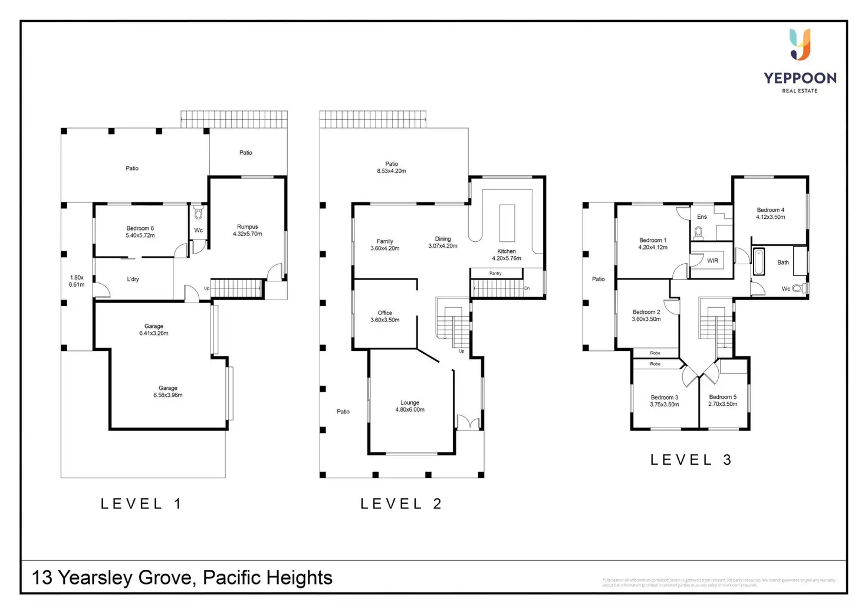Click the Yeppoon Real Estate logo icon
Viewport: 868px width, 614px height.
click(800, 45)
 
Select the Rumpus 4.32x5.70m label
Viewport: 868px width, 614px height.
click(247, 230)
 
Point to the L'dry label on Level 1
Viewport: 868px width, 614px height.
click(133, 279)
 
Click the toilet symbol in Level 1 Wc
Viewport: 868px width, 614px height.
click(199, 212)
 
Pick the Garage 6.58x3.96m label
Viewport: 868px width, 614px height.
click(168, 392)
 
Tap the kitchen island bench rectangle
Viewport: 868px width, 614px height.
click(507, 223)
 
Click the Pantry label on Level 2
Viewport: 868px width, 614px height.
click(495, 273)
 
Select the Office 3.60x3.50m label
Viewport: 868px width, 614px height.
click(384, 317)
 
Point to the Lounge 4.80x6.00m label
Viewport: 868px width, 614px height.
click(410, 406)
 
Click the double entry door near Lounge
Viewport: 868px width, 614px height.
click(468, 422)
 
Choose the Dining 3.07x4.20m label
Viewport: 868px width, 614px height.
click(443, 242)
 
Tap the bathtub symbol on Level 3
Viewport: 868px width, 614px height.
click(758, 261)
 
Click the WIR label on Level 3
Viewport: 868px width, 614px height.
click(713, 261)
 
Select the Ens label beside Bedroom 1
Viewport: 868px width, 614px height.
click(702, 216)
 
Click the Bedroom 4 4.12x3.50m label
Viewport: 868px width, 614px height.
click(770, 214)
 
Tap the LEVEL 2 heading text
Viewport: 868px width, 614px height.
click(401, 504)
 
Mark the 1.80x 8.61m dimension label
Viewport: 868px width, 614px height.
click(77, 281)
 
